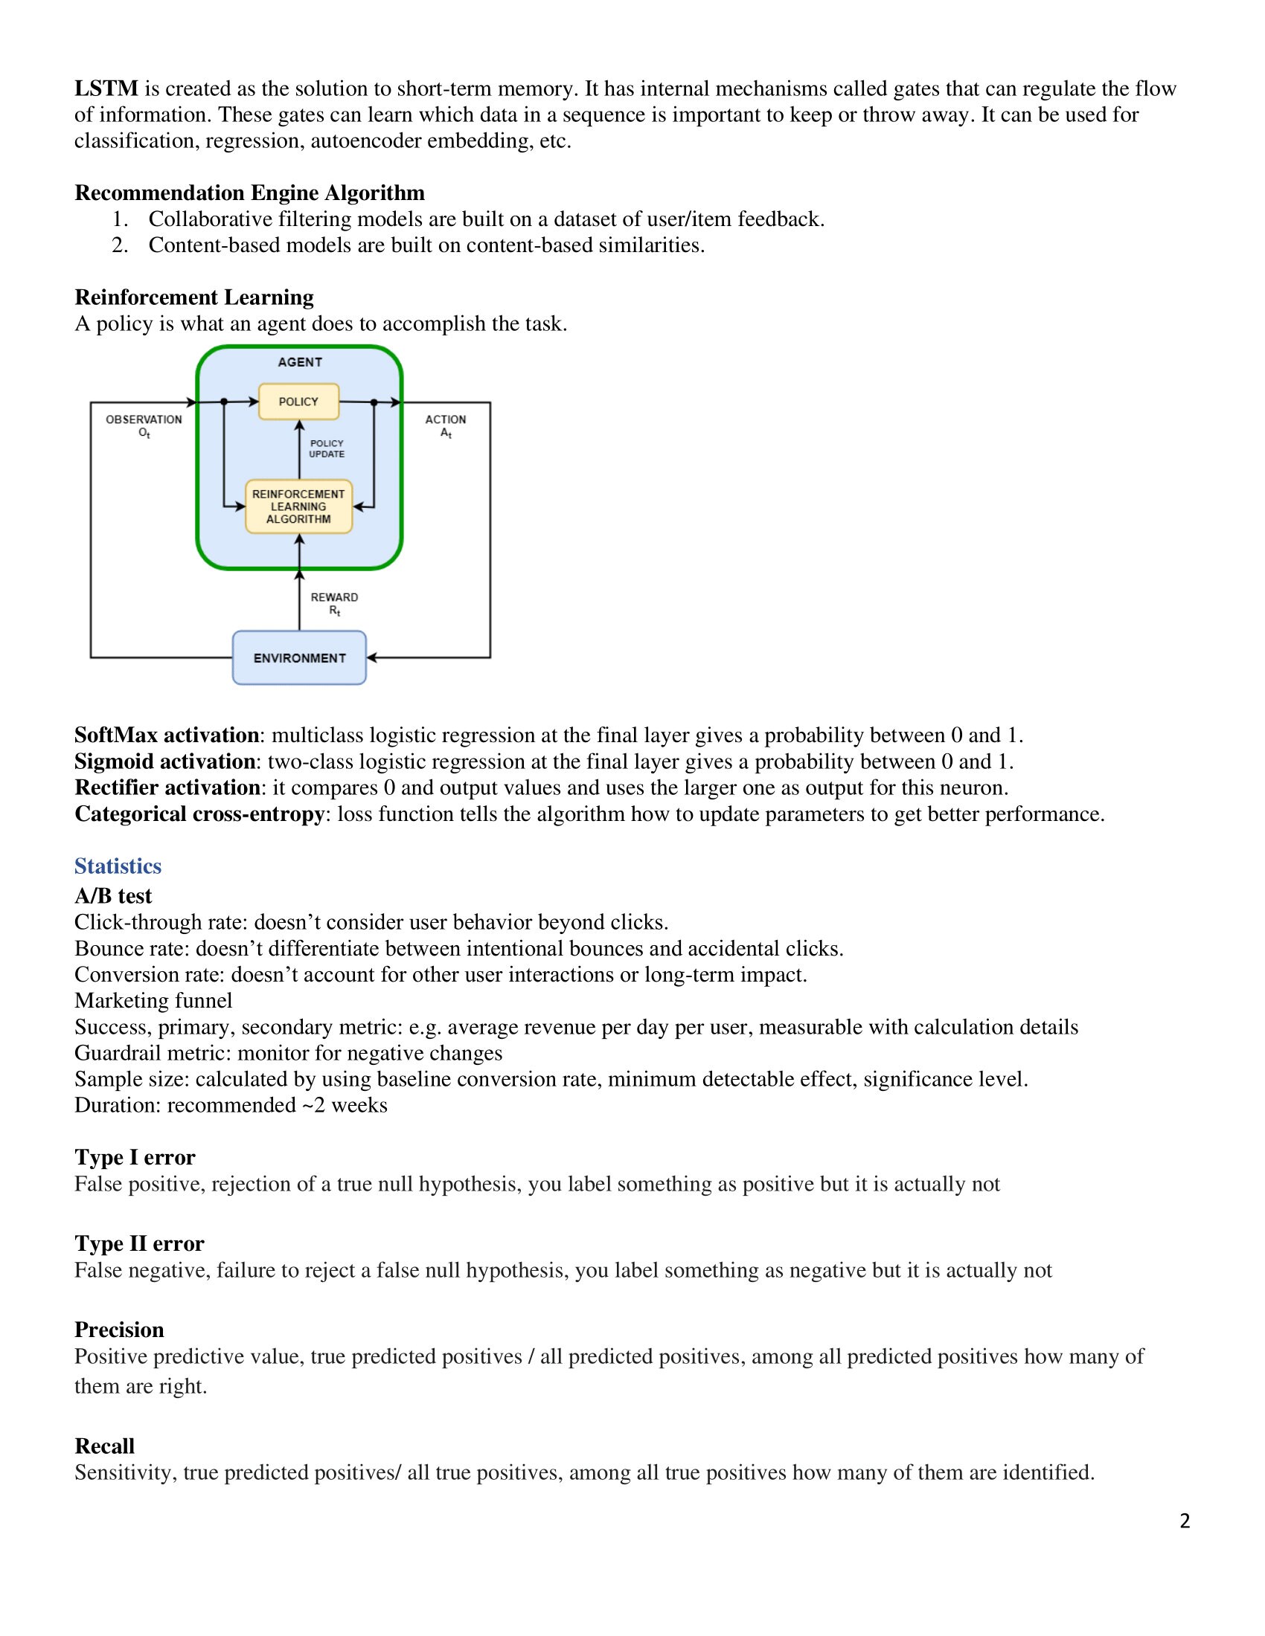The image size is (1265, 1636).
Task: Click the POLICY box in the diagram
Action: [x=298, y=402]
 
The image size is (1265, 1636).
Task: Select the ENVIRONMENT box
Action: [x=299, y=657]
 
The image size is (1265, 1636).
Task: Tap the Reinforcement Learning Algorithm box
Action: [x=298, y=506]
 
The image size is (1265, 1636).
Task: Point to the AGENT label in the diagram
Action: [x=300, y=363]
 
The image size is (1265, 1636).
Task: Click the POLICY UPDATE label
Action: [x=327, y=448]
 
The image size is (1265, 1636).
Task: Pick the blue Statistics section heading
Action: [x=118, y=866]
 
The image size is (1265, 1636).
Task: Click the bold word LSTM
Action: [x=106, y=88]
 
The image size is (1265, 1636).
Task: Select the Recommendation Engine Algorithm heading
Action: [x=249, y=193]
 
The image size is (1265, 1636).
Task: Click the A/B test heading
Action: [x=112, y=896]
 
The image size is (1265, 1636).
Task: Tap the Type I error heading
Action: [x=134, y=1157]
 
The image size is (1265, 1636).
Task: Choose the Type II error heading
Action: [x=138, y=1243]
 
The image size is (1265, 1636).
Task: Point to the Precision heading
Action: [x=118, y=1330]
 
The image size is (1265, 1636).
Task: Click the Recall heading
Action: [x=104, y=1446]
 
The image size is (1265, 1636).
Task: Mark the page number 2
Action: [x=1185, y=1521]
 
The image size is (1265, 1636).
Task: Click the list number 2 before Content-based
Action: [x=119, y=245]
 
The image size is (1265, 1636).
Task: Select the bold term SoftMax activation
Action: [x=167, y=735]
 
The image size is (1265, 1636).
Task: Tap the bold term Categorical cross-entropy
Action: [x=199, y=814]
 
